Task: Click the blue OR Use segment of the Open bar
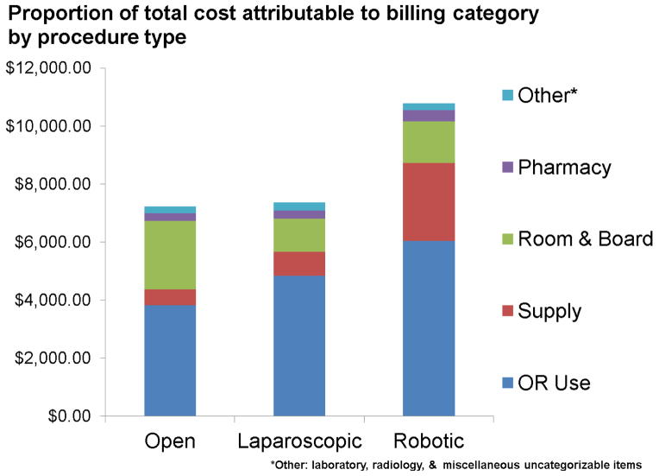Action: (x=170, y=360)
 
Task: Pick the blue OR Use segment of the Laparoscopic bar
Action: (x=299, y=346)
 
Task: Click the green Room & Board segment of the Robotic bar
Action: (x=429, y=142)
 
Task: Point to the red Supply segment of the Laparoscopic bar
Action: (x=299, y=263)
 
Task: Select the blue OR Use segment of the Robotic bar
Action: (x=429, y=328)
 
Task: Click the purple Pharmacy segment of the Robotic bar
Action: (x=429, y=116)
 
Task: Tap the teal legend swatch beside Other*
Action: (x=506, y=95)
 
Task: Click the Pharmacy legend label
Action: (x=564, y=167)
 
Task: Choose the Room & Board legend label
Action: (x=585, y=238)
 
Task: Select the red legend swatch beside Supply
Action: (x=506, y=310)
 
